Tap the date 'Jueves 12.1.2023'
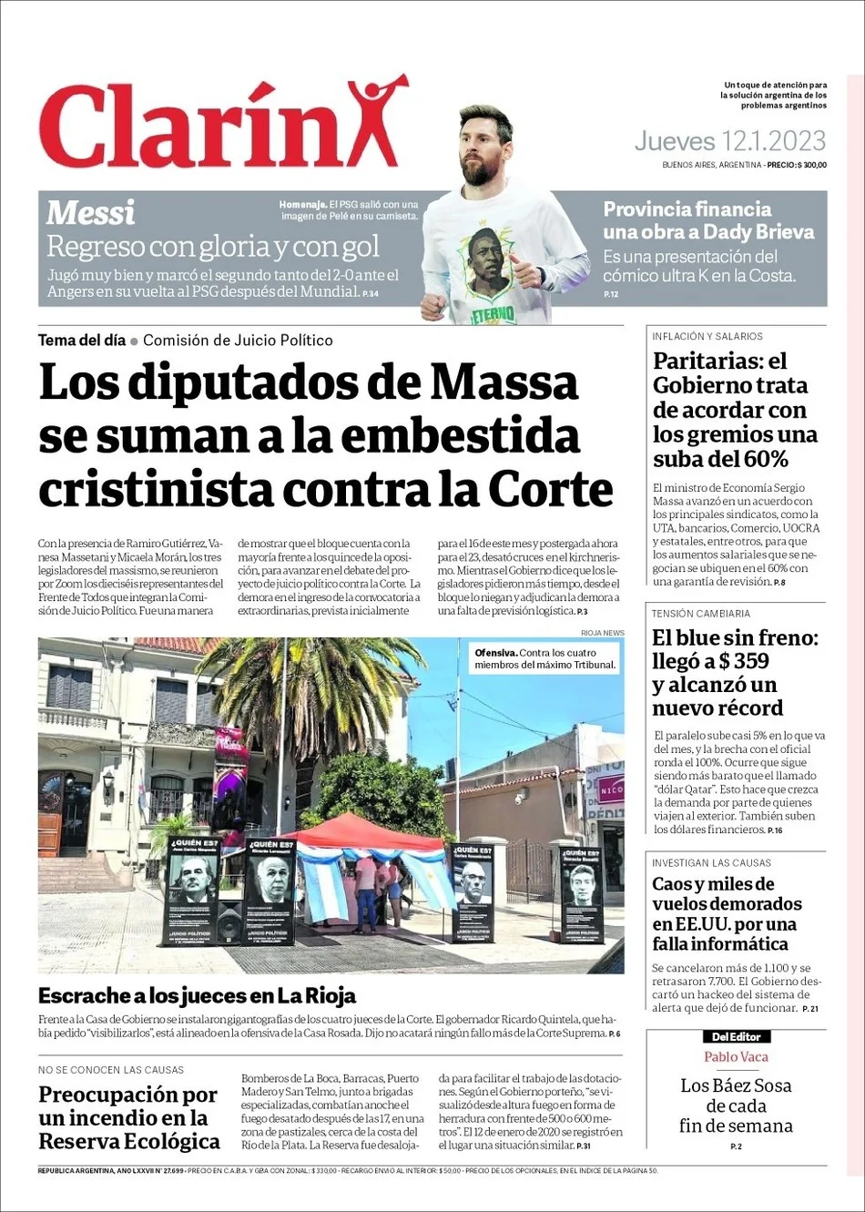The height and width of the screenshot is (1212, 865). [x=729, y=141]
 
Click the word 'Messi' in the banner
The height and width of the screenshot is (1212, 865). [x=90, y=213]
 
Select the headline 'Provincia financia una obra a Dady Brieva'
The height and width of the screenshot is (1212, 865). [x=707, y=220]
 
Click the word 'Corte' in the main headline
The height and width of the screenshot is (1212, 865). [x=550, y=489]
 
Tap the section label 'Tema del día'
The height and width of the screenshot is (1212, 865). [x=81, y=341]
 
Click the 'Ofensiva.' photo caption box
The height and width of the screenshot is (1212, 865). [x=544, y=658]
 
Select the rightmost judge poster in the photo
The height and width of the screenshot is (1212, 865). [x=582, y=891]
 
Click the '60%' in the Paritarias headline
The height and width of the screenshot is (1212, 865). [x=766, y=459]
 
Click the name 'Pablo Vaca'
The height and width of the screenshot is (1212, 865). [x=736, y=1057]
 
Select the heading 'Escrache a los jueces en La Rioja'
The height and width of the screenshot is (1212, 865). [x=197, y=995]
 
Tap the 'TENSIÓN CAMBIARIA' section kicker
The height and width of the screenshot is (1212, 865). [x=701, y=614]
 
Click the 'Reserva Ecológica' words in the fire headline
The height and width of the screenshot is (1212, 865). [x=128, y=1141]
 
